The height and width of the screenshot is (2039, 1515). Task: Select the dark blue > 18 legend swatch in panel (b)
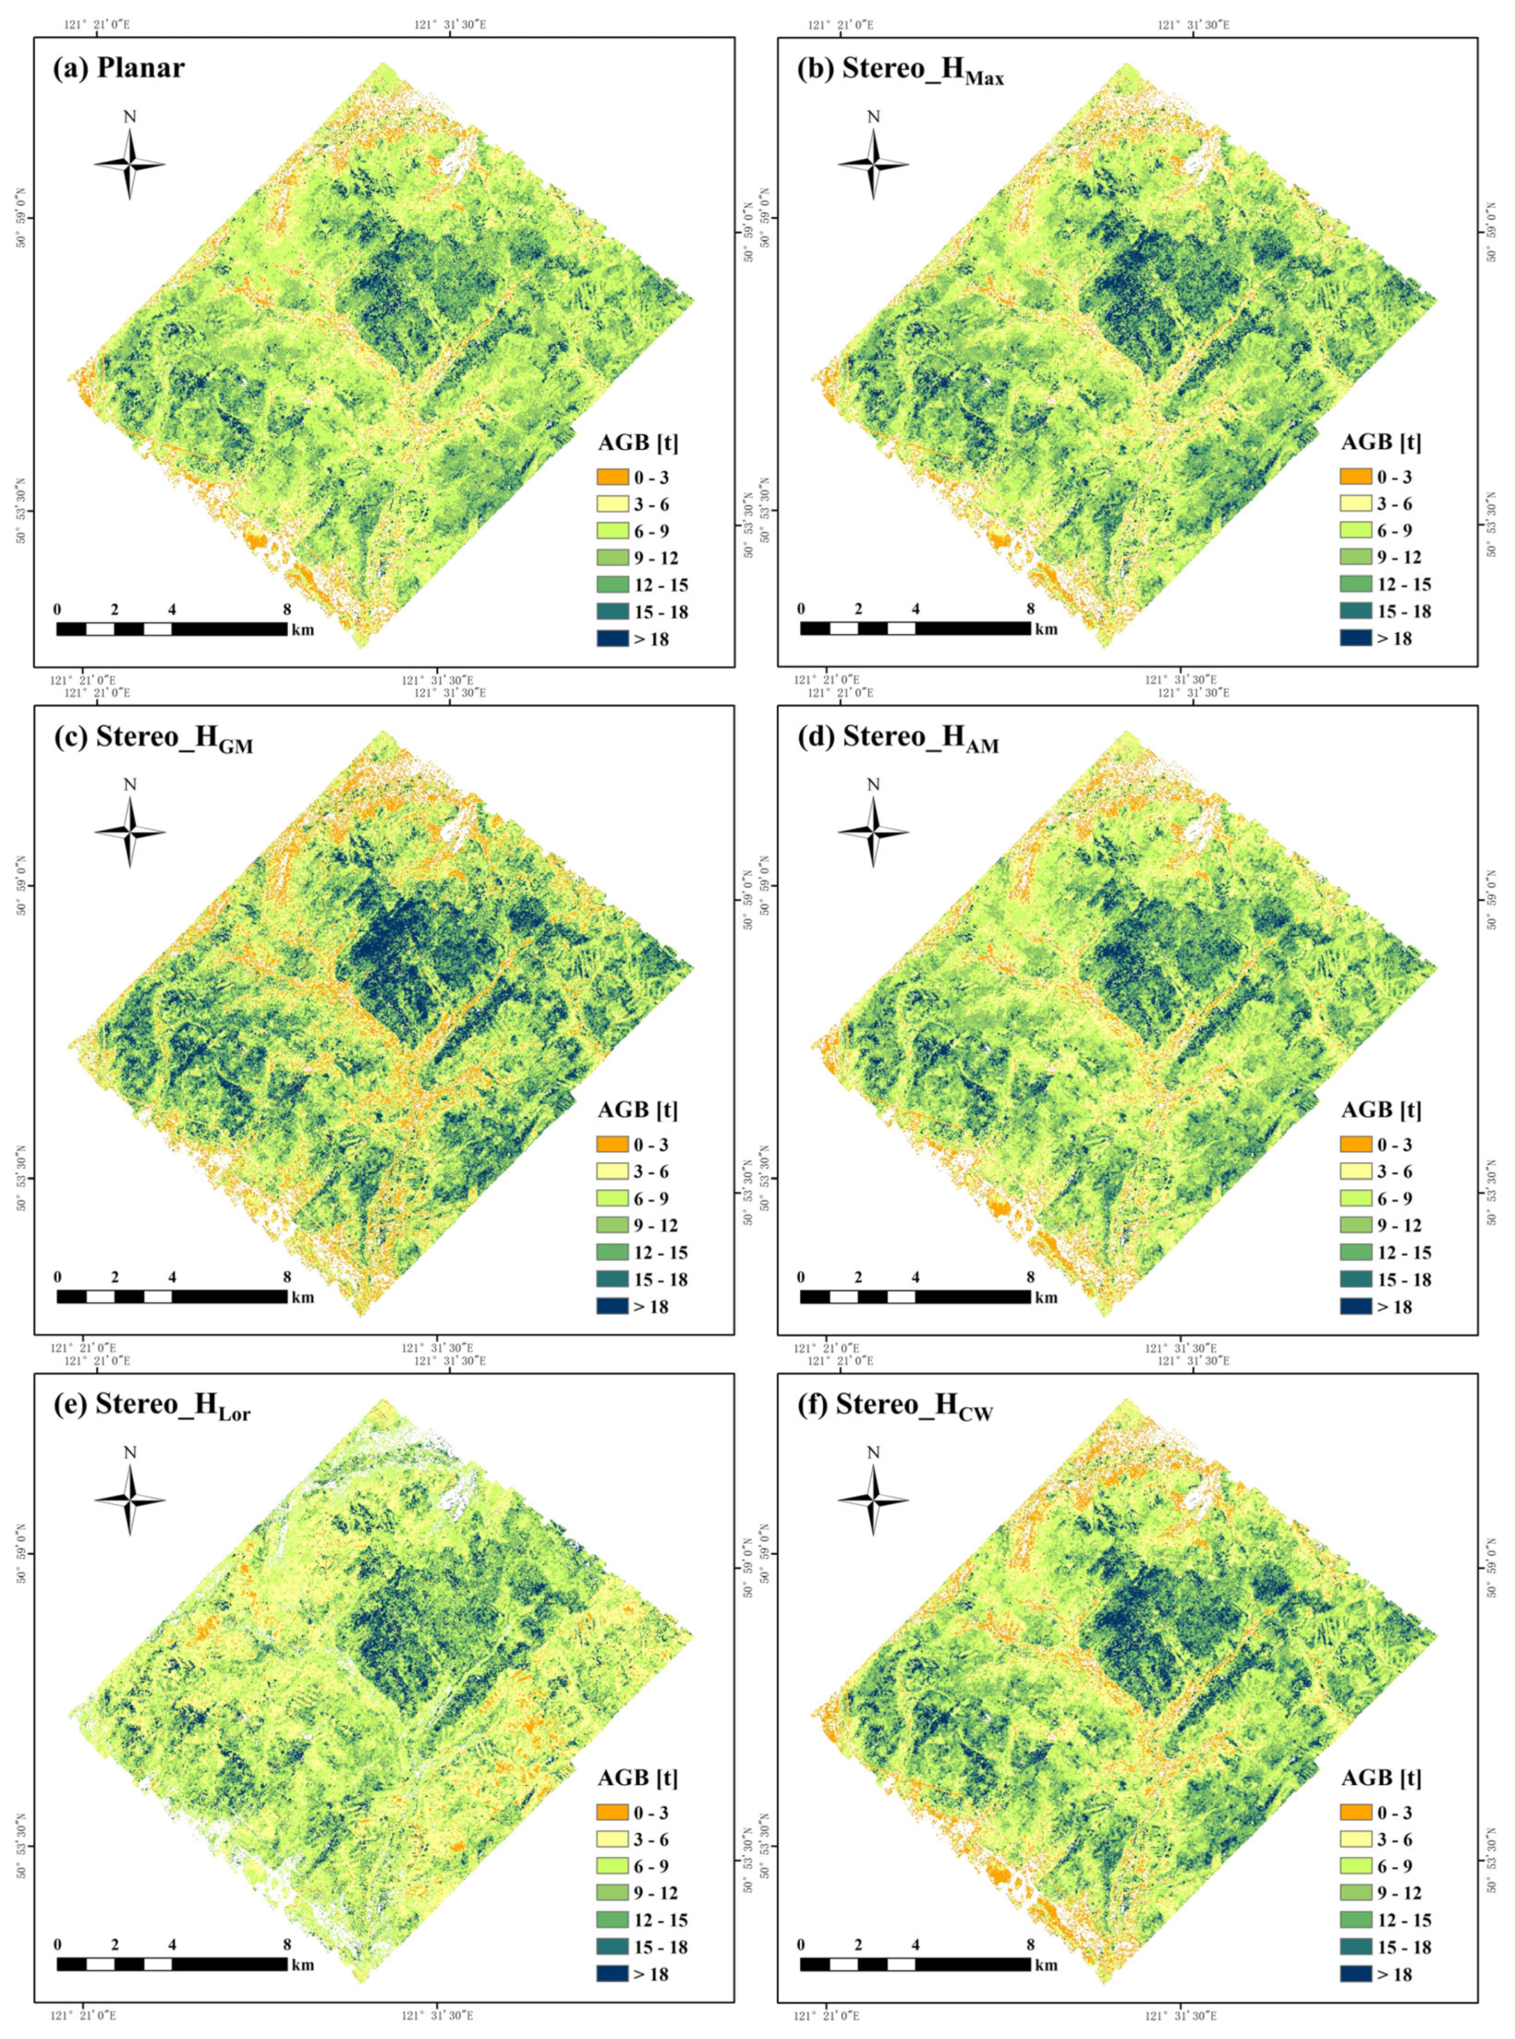coord(1355,637)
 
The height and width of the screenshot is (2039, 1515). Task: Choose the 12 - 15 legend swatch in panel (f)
coord(1355,1919)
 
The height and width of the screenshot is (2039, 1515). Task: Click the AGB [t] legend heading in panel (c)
coord(637,1110)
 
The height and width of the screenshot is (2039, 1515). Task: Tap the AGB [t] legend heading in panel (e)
coord(637,1778)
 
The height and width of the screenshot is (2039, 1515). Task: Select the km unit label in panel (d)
coord(1047,1297)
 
